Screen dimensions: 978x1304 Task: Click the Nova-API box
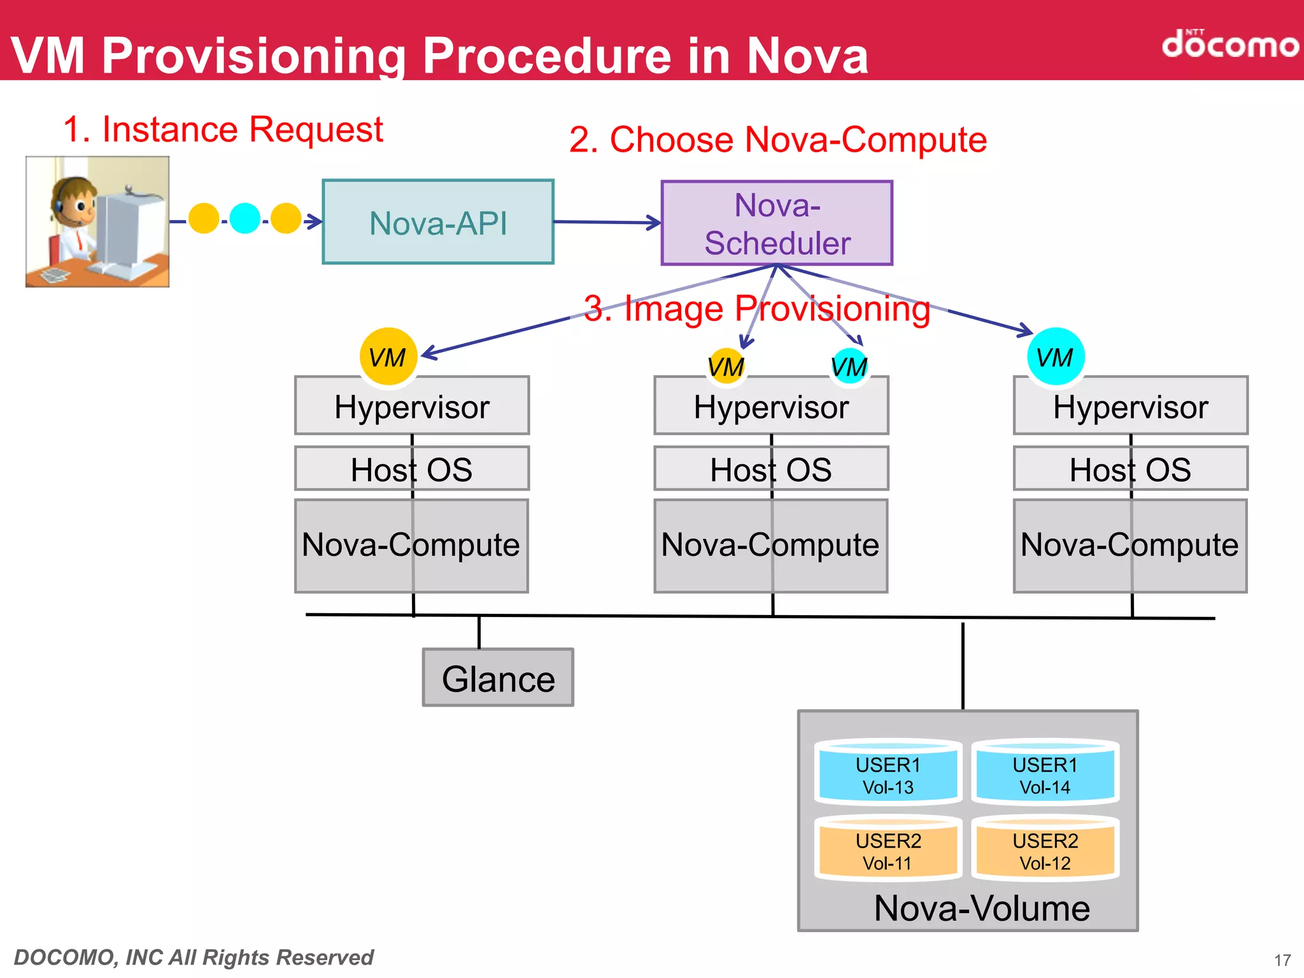(438, 222)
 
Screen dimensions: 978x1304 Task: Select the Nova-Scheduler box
(777, 223)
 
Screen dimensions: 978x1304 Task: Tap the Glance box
(498, 678)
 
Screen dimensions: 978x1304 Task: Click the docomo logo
(1229, 45)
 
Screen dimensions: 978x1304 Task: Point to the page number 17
(1282, 960)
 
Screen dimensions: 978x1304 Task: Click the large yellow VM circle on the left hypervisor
(388, 357)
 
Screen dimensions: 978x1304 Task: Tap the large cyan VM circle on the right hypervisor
(1055, 357)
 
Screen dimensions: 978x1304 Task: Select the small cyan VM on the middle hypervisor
(849, 366)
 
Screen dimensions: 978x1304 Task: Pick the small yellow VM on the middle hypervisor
(726, 366)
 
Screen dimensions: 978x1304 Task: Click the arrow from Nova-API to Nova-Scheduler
(608, 222)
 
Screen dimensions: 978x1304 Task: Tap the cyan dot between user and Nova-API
(244, 218)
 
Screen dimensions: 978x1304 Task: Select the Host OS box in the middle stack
(771, 469)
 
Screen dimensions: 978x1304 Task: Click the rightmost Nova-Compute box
(1130, 546)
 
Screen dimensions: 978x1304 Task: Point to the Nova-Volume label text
(982, 909)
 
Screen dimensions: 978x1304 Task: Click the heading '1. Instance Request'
(223, 129)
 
